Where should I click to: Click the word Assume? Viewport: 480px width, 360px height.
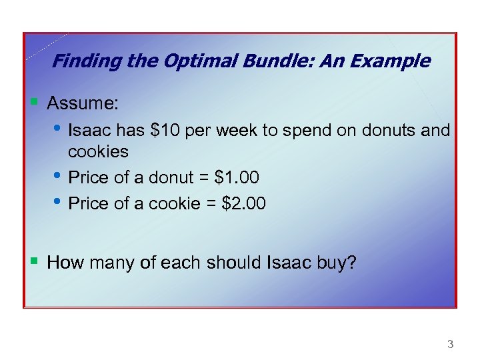[x=83, y=103]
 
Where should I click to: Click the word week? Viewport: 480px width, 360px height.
[x=239, y=130]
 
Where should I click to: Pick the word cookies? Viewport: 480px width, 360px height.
[x=98, y=151]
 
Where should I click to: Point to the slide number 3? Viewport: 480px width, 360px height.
[x=450, y=345]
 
